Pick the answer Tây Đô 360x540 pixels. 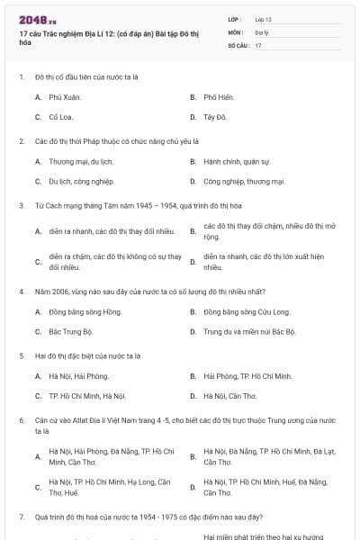[x=215, y=117]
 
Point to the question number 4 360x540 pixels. [x=21, y=292]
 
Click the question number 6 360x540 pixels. [x=21, y=420]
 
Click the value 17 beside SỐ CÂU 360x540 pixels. [x=258, y=44]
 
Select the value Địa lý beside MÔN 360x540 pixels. [x=262, y=31]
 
